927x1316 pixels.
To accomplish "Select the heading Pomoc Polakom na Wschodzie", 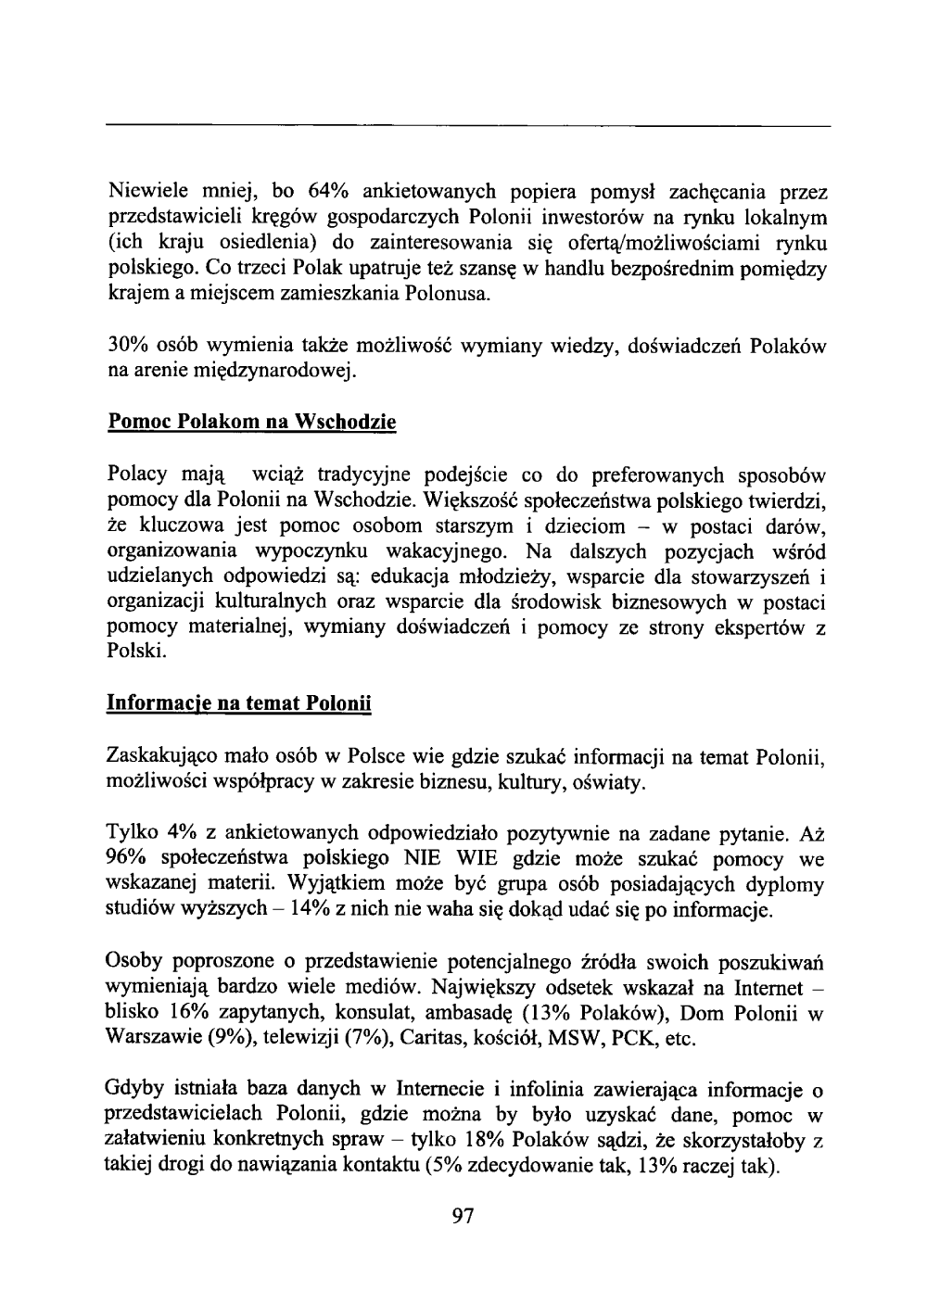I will pos(252,422).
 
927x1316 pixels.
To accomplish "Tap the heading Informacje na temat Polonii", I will pos(239,703).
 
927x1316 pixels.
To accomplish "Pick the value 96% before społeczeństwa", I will pos(126,860).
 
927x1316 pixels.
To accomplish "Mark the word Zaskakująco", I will pos(160,760).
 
